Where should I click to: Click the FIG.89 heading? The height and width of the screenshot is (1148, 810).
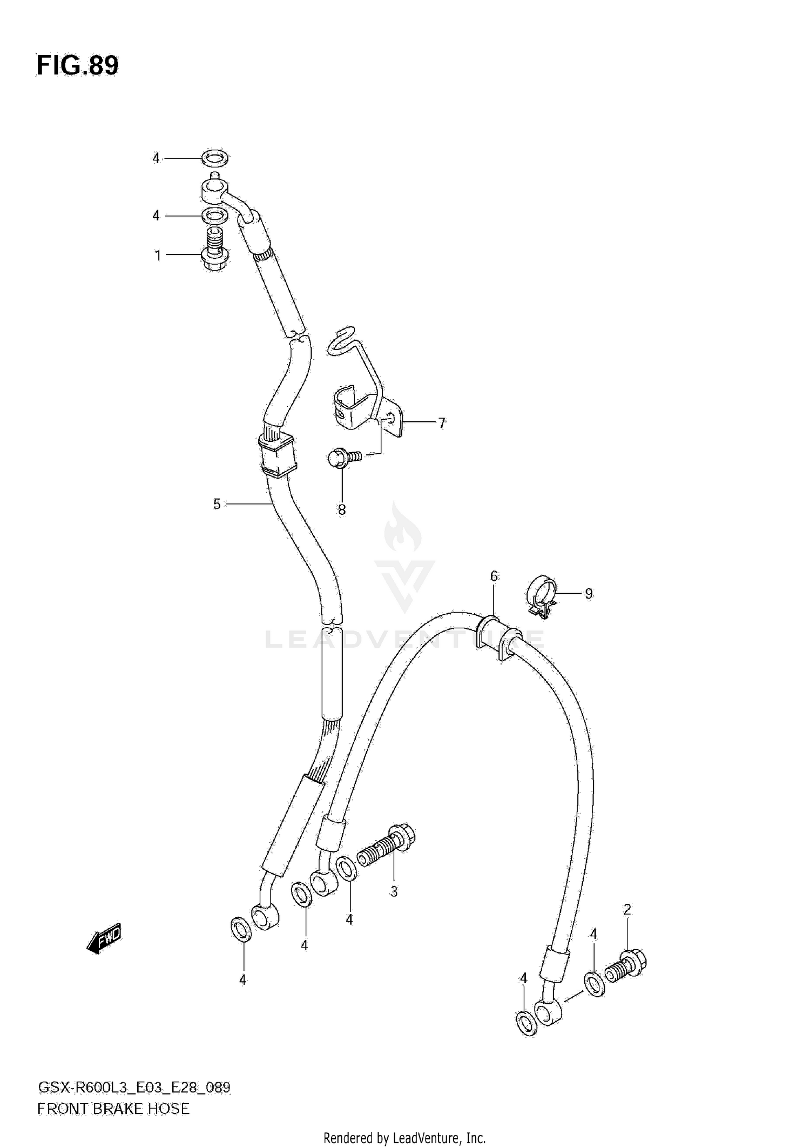(x=77, y=66)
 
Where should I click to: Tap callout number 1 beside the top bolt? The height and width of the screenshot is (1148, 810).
(x=158, y=255)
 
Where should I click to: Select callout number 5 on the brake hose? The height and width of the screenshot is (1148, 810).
(x=217, y=504)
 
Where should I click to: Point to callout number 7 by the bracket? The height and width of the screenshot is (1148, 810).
(x=442, y=423)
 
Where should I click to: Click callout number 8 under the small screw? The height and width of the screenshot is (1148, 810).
(x=342, y=509)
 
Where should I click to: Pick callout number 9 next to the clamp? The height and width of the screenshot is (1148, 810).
(x=589, y=594)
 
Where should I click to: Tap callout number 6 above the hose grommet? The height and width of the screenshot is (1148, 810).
(x=494, y=576)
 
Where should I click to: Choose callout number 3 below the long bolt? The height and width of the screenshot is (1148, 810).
(x=394, y=891)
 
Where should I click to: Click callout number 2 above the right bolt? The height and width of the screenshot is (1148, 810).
(x=626, y=910)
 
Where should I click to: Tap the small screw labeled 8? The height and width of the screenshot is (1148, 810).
(x=343, y=459)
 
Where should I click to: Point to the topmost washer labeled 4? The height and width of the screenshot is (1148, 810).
(x=215, y=158)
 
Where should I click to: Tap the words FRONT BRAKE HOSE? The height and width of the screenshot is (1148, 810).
(x=113, y=1109)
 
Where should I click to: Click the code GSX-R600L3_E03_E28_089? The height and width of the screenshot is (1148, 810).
(x=134, y=1087)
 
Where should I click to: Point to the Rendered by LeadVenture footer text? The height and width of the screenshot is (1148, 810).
(x=404, y=1138)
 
